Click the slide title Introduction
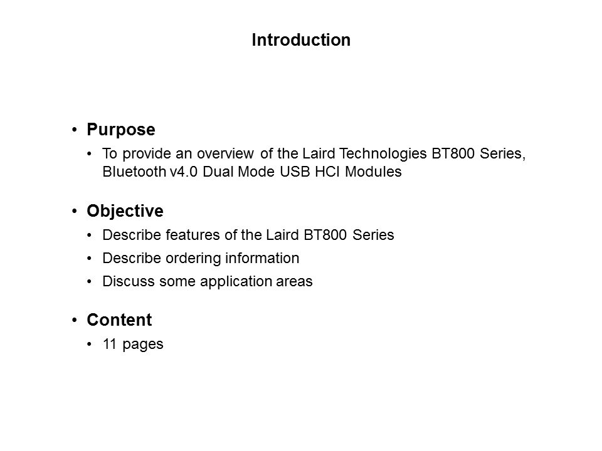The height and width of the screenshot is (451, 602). click(x=301, y=40)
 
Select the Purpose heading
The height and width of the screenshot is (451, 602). click(x=121, y=130)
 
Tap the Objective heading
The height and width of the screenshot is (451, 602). click(x=125, y=212)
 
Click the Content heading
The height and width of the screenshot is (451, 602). click(x=119, y=320)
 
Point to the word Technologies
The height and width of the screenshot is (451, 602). click(x=383, y=154)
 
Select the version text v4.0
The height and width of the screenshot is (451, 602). click(x=184, y=172)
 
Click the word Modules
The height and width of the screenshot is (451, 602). click(x=373, y=172)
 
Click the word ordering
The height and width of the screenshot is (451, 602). click(x=193, y=259)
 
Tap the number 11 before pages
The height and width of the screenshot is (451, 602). click(x=109, y=344)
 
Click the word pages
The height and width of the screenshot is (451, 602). click(x=143, y=345)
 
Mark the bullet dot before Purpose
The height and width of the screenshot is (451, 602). click(x=75, y=130)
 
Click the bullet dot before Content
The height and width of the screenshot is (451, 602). click(x=75, y=320)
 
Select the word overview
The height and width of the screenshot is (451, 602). click(x=225, y=154)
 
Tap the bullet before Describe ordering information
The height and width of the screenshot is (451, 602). click(x=90, y=259)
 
